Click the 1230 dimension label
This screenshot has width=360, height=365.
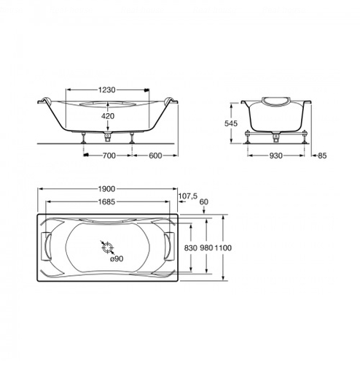(x=106, y=90)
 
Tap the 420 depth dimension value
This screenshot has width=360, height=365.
(x=108, y=116)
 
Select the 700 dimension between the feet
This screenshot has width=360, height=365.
(x=109, y=155)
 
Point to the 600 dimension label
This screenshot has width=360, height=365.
(x=155, y=155)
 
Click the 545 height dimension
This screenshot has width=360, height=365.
(x=231, y=123)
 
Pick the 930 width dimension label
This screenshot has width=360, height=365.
(x=275, y=155)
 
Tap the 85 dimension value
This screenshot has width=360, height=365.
(x=322, y=155)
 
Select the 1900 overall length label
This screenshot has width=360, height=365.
(x=106, y=189)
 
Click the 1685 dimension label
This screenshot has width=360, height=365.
(x=106, y=201)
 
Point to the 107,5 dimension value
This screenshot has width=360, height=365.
(x=188, y=196)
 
